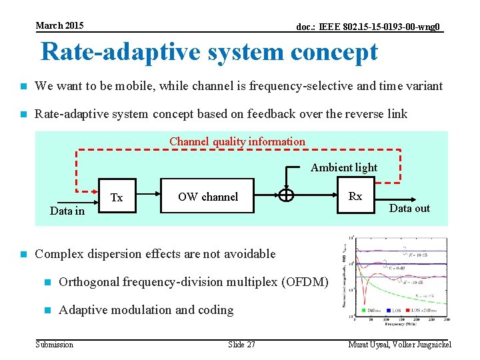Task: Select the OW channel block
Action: tap(207, 196)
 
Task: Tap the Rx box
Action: tap(355, 196)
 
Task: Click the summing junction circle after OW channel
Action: tap(286, 195)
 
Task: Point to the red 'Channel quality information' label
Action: tap(237, 141)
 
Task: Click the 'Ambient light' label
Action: tap(343, 167)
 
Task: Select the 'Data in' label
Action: tap(67, 211)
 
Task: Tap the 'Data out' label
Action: tap(409, 208)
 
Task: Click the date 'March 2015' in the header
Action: tap(59, 25)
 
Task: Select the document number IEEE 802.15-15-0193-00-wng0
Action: tap(368, 27)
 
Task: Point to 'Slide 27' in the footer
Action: tap(241, 345)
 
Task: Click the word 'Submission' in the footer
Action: tap(54, 345)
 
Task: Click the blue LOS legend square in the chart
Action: tap(389, 309)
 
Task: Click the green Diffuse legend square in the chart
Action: tap(362, 309)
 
